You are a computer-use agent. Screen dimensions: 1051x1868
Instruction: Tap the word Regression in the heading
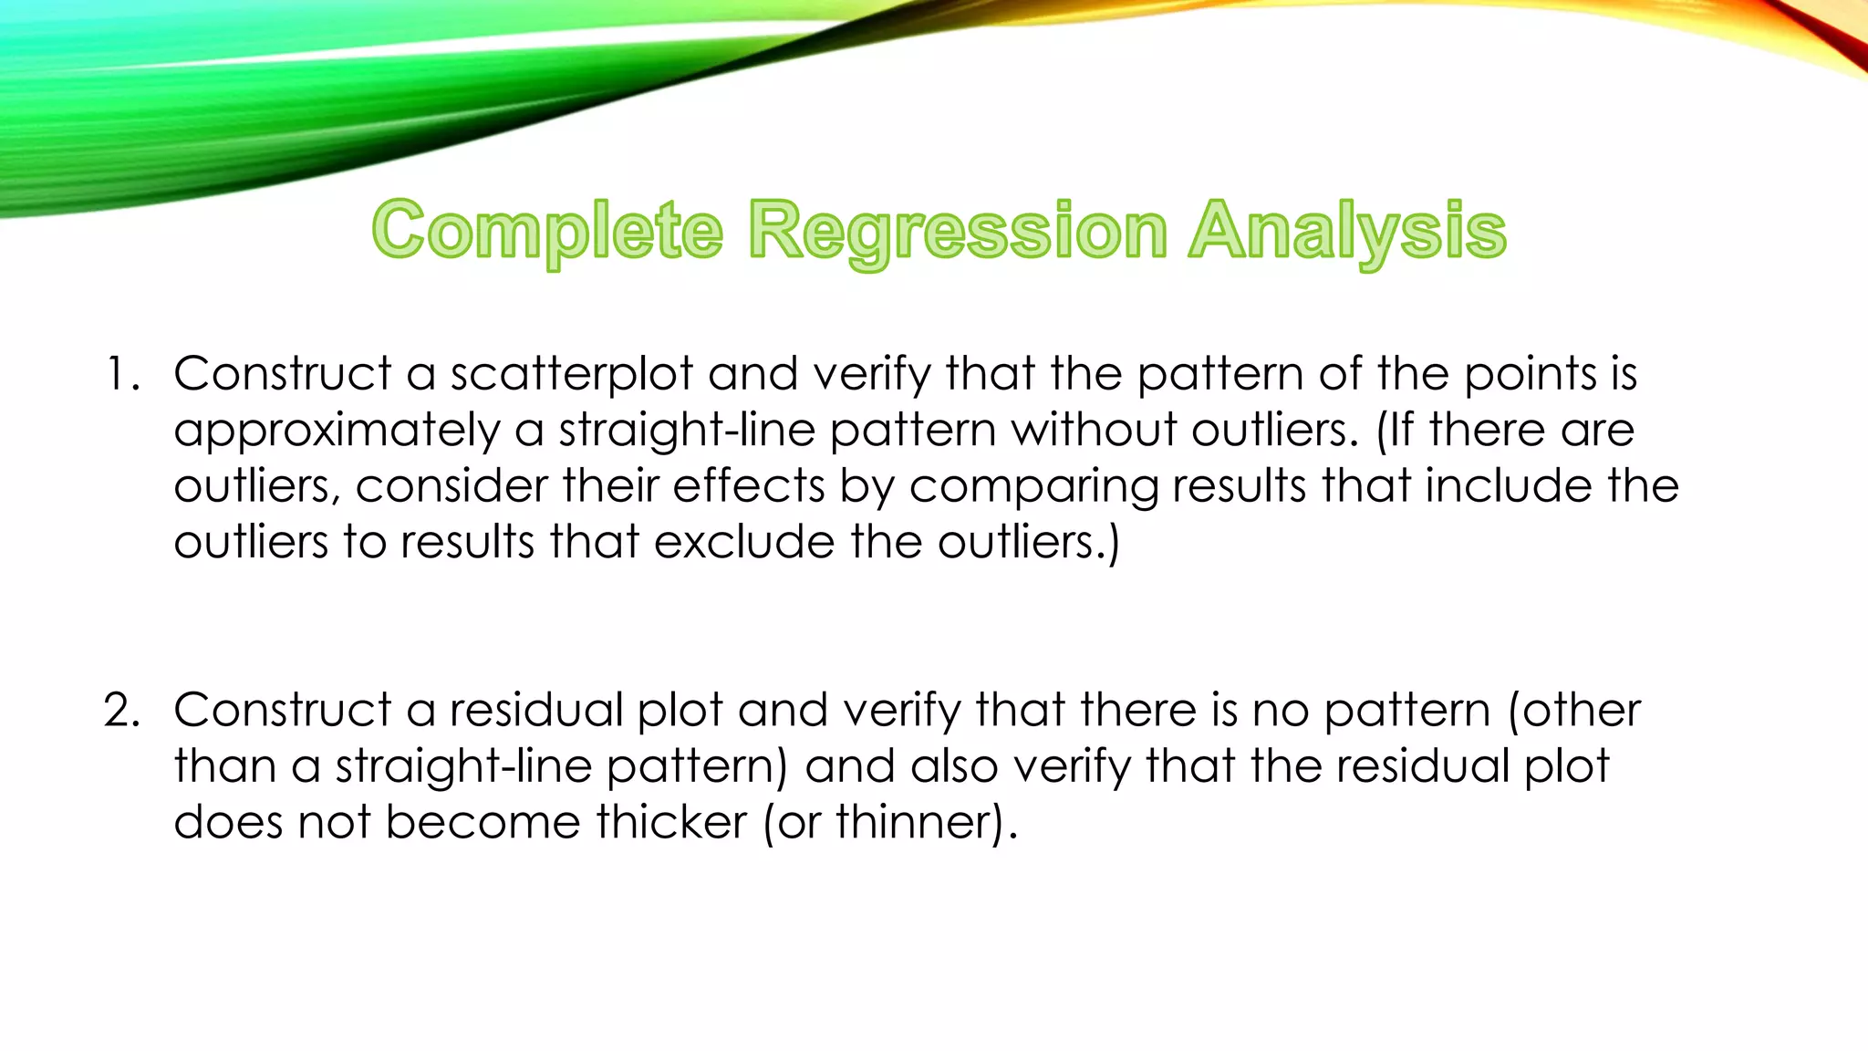point(958,232)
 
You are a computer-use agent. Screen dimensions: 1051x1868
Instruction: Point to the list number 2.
point(121,711)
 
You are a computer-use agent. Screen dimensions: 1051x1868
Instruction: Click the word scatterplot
point(571,374)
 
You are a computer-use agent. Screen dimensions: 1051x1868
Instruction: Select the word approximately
point(337,431)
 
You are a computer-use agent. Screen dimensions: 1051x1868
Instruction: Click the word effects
point(749,486)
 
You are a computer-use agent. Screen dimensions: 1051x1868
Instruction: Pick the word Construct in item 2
point(283,711)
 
